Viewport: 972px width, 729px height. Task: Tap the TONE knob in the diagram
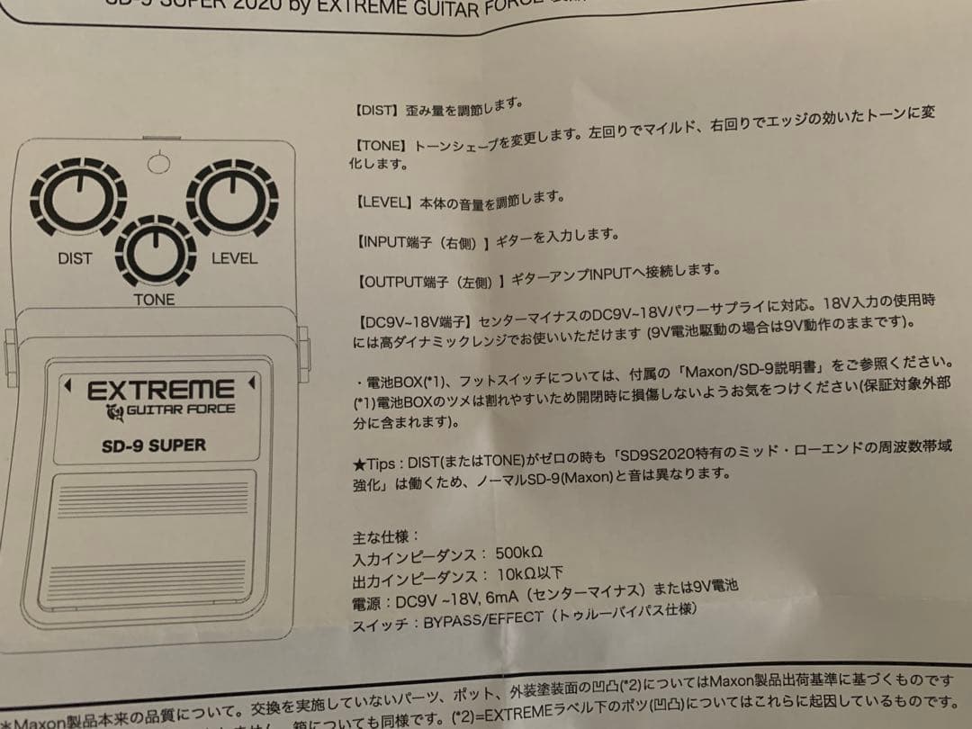[x=155, y=251]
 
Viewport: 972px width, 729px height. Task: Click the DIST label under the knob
[x=75, y=258]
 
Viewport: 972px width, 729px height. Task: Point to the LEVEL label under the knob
[x=234, y=258]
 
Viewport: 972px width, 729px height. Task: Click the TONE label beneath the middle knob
[x=154, y=300]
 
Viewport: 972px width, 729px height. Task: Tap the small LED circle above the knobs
[x=158, y=163]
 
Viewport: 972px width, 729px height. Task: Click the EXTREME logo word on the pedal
[x=160, y=391]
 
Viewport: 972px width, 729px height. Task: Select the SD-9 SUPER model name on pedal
[x=153, y=445]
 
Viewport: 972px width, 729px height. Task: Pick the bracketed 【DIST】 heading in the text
[x=376, y=109]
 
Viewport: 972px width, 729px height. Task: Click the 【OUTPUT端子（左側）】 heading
[x=427, y=281]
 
